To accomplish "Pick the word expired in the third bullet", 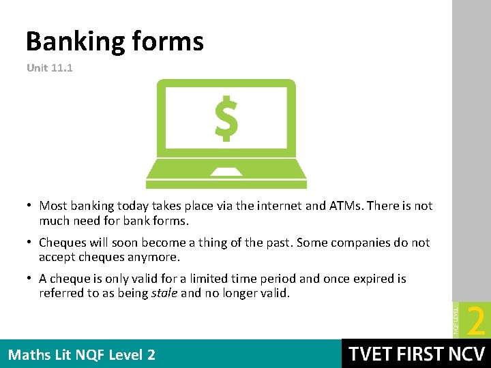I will (x=379, y=279).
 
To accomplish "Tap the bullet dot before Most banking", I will (x=31, y=206).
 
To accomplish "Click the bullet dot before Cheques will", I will (x=31, y=243).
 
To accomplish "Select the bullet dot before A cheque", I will (x=31, y=279).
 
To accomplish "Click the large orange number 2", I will (x=477, y=321).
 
